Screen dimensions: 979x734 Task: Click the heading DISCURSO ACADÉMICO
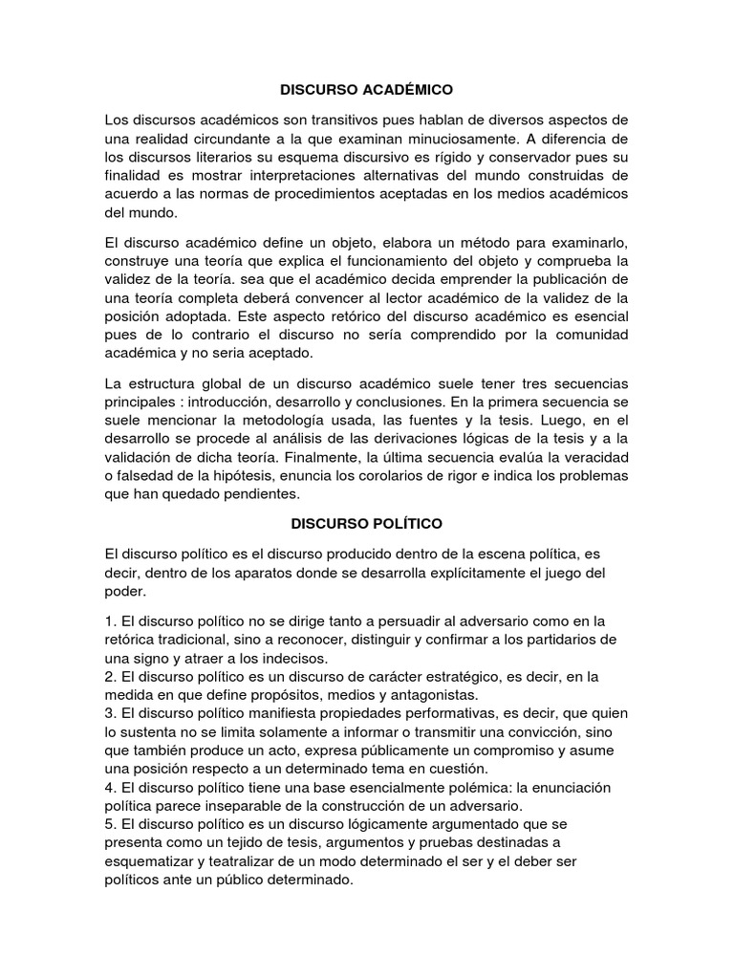pos(366,90)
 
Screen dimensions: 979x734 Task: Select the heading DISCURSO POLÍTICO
pos(366,524)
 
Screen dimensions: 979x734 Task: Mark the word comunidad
pos(589,336)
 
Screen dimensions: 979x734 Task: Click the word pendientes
pos(254,494)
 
